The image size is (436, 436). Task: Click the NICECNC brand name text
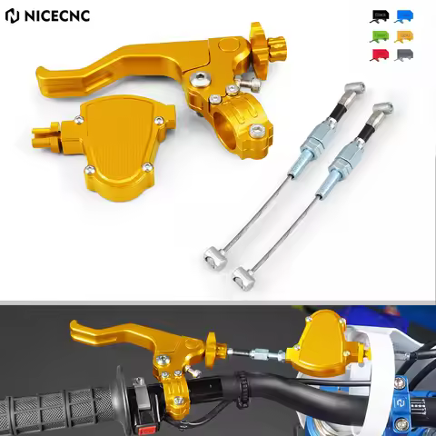point(67,17)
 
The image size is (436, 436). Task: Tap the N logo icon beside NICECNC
point(13,17)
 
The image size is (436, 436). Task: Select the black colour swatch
point(380,16)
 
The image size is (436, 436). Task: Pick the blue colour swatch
point(404,16)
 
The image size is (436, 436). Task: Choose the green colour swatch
point(380,36)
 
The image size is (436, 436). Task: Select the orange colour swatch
point(404,36)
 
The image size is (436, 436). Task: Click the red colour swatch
point(380,54)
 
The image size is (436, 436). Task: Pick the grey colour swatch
point(404,54)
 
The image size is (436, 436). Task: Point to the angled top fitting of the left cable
point(352,91)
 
